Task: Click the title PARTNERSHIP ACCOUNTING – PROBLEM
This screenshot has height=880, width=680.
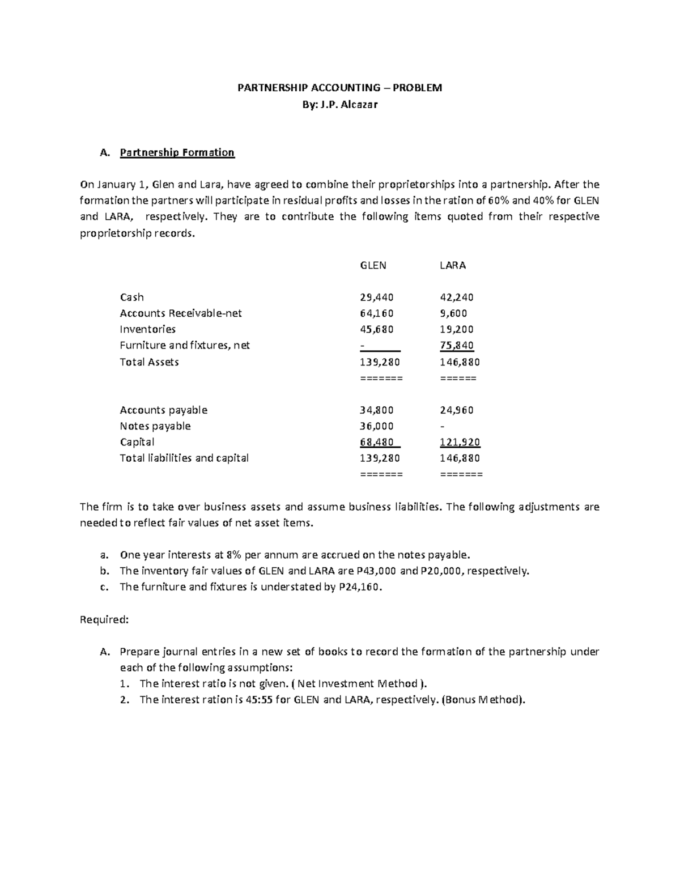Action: coord(339,88)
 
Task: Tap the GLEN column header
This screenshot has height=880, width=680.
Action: coord(373,265)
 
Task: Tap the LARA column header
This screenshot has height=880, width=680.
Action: coord(453,265)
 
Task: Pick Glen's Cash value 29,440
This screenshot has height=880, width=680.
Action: coord(376,297)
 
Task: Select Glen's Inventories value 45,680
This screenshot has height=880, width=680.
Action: coord(376,329)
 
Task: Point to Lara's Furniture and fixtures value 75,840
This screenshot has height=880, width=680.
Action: coord(456,345)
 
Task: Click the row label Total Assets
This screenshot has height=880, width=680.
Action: coord(149,362)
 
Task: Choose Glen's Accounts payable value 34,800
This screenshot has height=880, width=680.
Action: coord(376,410)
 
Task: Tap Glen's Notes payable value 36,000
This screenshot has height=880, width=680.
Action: coord(376,426)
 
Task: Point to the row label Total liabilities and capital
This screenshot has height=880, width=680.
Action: coord(184,458)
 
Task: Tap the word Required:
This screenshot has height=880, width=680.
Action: coord(105,619)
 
